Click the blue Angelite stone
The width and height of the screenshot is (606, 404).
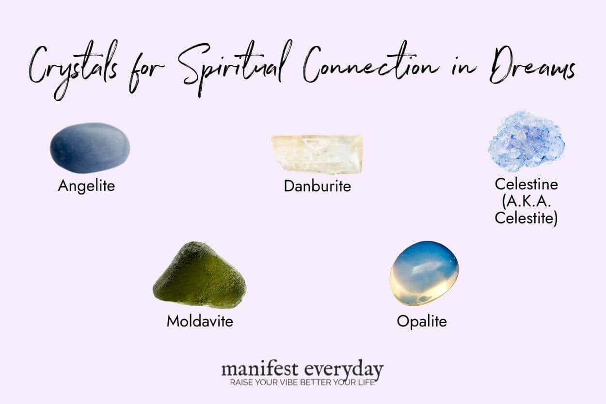pos(90,148)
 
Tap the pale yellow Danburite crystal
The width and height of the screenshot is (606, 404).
pos(317,154)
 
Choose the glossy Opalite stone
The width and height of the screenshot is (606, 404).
pos(424,273)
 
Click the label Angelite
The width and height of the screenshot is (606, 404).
pos(86,186)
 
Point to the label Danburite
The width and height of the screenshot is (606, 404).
pos(317,186)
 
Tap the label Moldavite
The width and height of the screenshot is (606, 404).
pos(200,321)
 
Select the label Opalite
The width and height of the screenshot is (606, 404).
pos(422,321)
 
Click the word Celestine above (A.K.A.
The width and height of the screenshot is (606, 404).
pos(526,184)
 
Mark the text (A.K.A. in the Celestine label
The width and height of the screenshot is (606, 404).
pos(526,201)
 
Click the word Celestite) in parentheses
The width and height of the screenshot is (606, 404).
pos(526,218)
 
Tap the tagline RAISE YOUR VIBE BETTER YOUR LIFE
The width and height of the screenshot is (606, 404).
pos(303,383)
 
